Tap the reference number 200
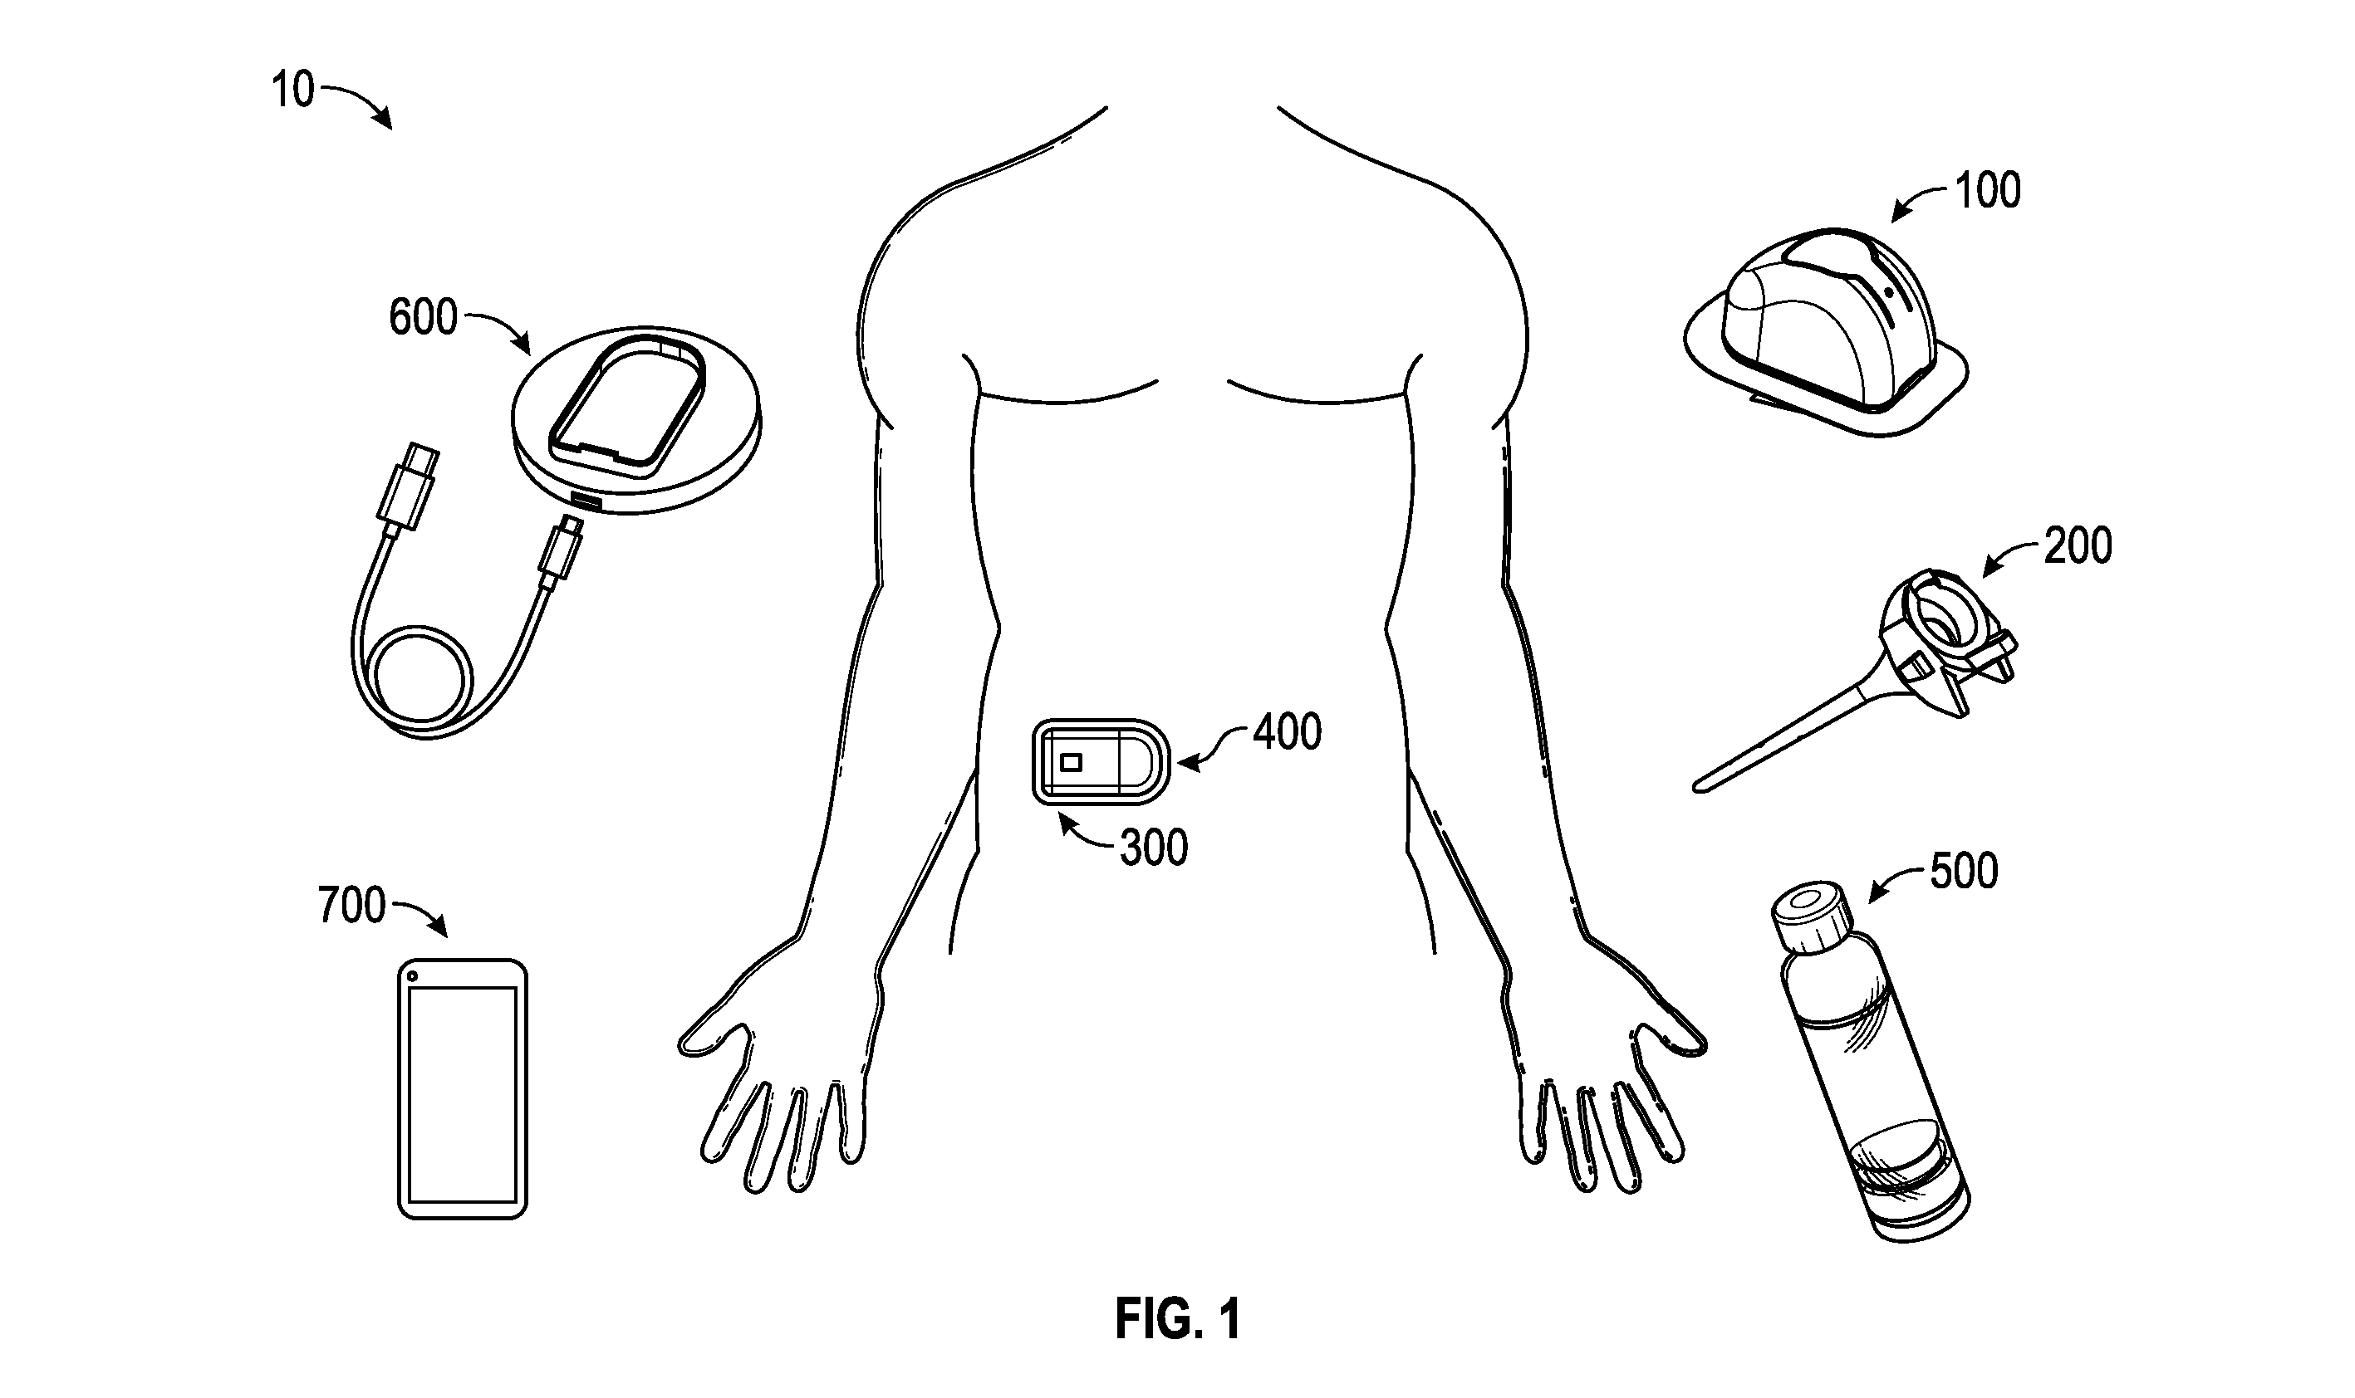point(2078,545)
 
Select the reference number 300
point(1154,848)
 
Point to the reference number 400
point(1288,732)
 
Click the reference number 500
point(1964,872)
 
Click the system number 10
point(292,90)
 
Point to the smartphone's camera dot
point(412,976)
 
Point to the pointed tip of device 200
point(1698,785)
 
